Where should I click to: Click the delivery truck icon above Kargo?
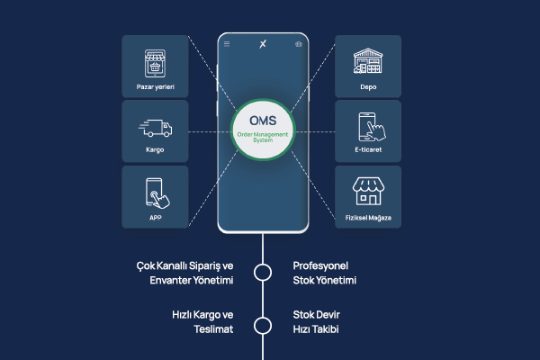(156, 128)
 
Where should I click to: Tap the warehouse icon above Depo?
(368, 60)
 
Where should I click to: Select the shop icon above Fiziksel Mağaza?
(368, 191)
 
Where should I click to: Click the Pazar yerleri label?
(156, 86)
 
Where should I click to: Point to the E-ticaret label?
(368, 149)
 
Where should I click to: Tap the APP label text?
(156, 218)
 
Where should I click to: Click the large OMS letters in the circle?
(263, 121)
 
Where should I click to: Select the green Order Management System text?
(263, 137)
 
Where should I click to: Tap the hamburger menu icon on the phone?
(227, 44)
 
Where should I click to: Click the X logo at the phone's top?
(263, 44)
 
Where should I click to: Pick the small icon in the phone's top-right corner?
(299, 44)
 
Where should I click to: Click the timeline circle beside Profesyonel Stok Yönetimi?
(263, 273)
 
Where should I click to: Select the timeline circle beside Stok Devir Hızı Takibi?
(263, 326)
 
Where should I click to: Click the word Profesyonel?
(320, 265)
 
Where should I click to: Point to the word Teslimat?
(213, 329)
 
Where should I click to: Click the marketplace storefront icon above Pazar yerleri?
(155, 63)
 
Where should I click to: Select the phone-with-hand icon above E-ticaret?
(372, 127)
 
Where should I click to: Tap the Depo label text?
(368, 86)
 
